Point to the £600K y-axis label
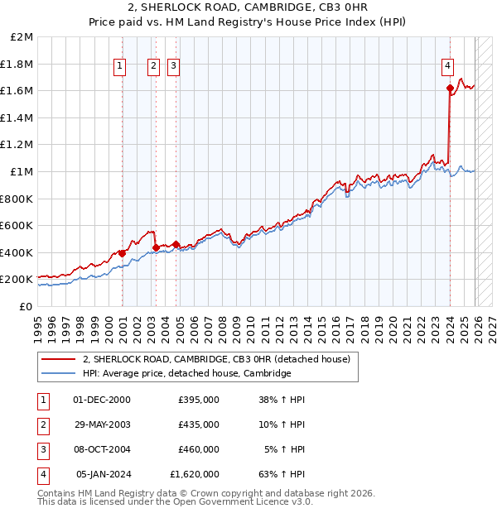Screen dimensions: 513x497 tap(17, 225)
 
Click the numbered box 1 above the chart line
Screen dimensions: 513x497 tap(120, 67)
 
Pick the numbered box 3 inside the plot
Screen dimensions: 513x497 tap(173, 67)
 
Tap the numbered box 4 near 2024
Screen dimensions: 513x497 tap(447, 67)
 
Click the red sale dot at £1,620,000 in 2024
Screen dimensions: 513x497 tap(450, 88)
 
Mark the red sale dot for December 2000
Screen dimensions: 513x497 tap(123, 253)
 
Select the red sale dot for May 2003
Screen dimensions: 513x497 tap(157, 247)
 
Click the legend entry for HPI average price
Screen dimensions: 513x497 tap(186, 373)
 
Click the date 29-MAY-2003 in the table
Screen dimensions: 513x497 tap(102, 424)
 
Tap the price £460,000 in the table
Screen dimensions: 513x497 tap(199, 449)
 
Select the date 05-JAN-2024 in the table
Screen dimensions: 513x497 tap(104, 474)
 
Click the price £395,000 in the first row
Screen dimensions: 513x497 tap(199, 399)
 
